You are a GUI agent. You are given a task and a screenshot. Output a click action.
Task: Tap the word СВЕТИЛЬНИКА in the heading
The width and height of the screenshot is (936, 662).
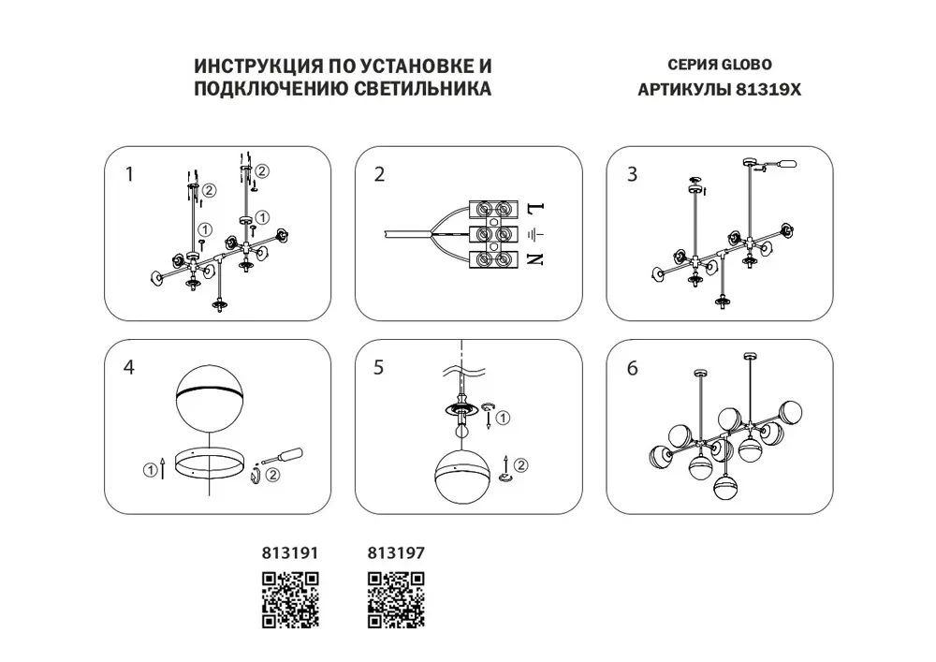point(423,88)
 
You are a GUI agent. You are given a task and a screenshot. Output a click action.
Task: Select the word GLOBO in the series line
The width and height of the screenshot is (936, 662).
point(747,65)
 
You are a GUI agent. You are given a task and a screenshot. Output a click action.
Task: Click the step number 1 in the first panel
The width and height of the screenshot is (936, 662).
point(129,174)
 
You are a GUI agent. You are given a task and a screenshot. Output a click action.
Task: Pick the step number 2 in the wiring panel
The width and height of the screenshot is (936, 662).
point(380,174)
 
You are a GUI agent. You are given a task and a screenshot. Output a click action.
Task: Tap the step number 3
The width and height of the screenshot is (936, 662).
point(632,174)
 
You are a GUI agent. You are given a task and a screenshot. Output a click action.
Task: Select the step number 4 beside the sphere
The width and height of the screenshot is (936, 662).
point(129,367)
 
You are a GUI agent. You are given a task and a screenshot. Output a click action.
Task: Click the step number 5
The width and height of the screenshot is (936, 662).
point(378,367)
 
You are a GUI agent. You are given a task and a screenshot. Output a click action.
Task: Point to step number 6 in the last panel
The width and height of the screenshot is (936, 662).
point(632,368)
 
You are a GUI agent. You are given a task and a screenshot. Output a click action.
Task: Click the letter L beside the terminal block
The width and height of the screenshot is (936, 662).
point(535,209)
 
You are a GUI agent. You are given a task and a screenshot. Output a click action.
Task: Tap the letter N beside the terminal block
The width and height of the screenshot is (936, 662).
point(535,259)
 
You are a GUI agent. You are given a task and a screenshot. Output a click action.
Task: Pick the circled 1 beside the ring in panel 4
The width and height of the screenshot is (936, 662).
point(149,470)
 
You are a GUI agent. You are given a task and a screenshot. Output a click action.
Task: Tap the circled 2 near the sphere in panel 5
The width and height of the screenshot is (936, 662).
point(520,465)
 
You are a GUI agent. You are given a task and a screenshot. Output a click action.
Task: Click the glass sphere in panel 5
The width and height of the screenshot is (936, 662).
point(462,476)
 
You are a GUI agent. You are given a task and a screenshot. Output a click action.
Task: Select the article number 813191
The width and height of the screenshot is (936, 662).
point(290,553)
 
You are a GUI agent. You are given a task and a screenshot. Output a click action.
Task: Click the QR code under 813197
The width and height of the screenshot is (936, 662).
point(396,600)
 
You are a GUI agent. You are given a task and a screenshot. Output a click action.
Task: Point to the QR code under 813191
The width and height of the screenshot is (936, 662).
point(291,600)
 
